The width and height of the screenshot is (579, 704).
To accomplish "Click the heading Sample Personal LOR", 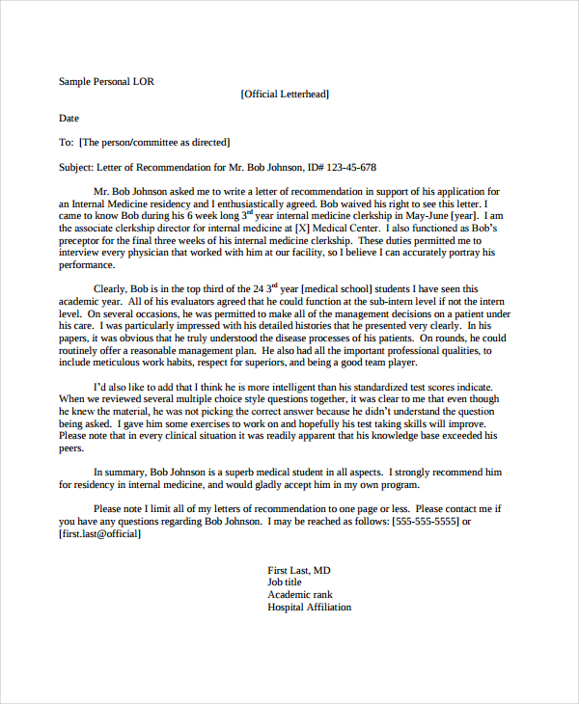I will pos(106,82).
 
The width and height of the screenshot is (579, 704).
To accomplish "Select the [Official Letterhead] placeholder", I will pos(285,95).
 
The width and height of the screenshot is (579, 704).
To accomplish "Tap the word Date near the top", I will pos(69,119).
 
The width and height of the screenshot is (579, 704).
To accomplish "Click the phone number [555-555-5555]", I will pos(425,521).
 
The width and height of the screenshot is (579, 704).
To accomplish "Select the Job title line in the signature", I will pos(285,582).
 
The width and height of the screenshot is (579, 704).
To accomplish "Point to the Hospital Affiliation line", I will pos(310,608).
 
